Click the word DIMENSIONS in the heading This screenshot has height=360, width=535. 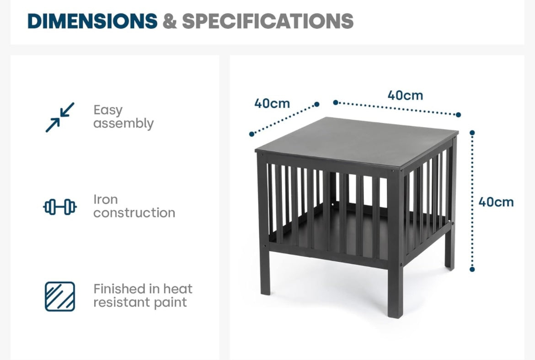92,21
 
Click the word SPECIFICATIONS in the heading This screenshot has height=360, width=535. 268,21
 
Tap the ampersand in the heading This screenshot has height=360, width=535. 170,21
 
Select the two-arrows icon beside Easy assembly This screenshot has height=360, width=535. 60,117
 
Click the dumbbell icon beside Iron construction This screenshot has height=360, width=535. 60,207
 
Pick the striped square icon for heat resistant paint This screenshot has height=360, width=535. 60,296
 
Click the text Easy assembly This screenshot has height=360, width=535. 123,117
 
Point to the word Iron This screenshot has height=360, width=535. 106,200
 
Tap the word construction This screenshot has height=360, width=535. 134,213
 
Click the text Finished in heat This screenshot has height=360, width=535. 143,289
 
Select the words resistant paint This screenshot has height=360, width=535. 140,302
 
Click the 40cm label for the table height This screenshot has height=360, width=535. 496,202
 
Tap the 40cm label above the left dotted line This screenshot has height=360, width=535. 272,103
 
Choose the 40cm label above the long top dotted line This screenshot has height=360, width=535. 405,95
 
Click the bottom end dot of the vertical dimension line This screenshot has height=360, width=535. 472,270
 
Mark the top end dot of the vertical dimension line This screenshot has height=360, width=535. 472,132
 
